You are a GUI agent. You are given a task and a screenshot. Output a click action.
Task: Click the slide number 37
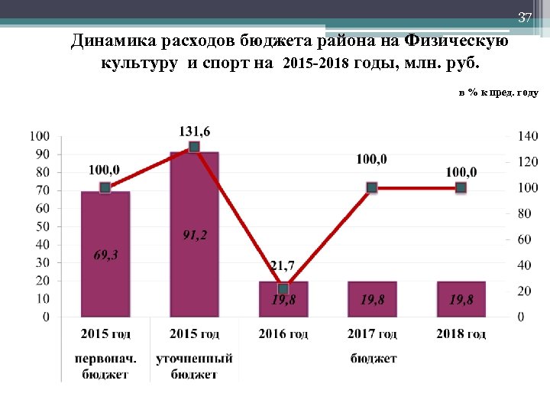point(524,18)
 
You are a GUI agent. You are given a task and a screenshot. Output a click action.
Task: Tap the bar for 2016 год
point(283,299)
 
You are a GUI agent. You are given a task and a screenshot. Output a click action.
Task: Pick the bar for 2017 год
point(372,299)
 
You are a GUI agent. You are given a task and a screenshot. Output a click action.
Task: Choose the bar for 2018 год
point(461,299)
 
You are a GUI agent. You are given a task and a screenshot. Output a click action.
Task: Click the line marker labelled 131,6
point(194,147)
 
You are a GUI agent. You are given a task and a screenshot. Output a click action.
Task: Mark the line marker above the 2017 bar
point(372,187)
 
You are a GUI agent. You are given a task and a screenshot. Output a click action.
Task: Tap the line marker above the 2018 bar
point(461,187)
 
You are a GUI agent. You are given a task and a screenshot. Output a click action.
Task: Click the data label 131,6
point(195,132)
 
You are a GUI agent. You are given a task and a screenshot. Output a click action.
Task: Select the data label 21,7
point(282,266)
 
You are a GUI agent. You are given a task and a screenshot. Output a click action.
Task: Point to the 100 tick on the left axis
point(40,136)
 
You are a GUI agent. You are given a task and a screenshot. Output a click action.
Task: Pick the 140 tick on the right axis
point(528,136)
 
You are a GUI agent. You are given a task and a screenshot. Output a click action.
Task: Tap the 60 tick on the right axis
point(525,239)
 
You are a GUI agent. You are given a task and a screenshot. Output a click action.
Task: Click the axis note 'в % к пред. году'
point(498,93)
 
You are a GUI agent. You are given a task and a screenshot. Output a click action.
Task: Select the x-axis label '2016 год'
point(283,334)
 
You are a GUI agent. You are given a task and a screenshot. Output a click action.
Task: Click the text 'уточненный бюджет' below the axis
point(194,366)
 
